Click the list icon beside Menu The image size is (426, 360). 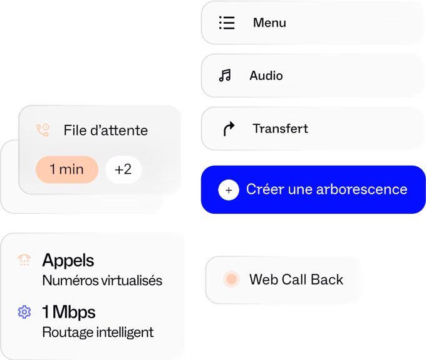(x=227, y=23)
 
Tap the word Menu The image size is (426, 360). (x=269, y=23)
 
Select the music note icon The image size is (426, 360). (x=225, y=75)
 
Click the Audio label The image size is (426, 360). (x=266, y=76)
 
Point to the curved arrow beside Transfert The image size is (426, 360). (x=229, y=129)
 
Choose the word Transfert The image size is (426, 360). (x=281, y=129)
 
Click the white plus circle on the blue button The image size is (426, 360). (x=229, y=190)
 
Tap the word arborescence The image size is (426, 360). (x=362, y=189)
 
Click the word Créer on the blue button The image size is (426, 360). (x=265, y=189)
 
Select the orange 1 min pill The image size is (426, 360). (x=67, y=169)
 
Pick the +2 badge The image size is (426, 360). (x=123, y=169)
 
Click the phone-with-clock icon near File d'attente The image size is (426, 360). (x=43, y=130)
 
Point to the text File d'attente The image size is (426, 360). (x=106, y=130)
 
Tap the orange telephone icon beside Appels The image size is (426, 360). (x=24, y=260)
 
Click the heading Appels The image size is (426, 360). (x=68, y=260)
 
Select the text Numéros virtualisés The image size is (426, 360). (x=102, y=280)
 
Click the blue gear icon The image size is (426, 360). (x=24, y=312)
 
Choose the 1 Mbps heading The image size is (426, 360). (x=69, y=312)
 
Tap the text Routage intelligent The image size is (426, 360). (x=98, y=332)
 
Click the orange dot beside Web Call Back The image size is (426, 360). (x=231, y=279)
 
